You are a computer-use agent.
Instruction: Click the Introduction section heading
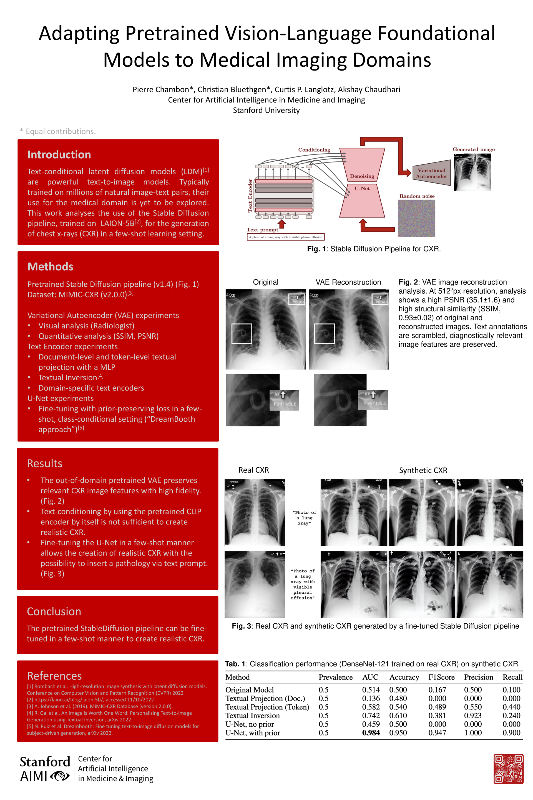[59, 155]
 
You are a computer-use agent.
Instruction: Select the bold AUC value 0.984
[371, 733]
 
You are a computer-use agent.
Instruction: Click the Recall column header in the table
[512, 677]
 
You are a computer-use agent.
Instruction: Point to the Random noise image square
[416, 218]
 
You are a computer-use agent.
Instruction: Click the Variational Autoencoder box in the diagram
[431, 173]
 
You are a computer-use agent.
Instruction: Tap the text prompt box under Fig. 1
[286, 237]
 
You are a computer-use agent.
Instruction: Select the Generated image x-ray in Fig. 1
[472, 172]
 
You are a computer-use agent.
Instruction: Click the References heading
[54, 676]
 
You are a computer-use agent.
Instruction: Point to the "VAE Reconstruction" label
[348, 282]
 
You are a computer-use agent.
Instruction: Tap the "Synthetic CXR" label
[423, 470]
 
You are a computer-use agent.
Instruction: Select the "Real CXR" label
[253, 470]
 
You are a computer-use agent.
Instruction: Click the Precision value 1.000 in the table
[473, 733]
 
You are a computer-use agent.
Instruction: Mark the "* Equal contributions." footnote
[58, 131]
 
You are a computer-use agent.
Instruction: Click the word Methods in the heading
[50, 267]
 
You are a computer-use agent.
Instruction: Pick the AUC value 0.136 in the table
[371, 698]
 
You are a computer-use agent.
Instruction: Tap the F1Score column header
[441, 677]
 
